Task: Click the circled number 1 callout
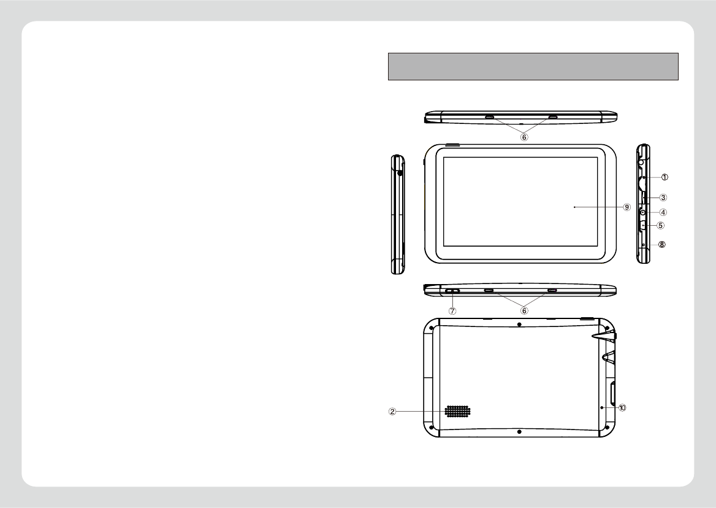664,177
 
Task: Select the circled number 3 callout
663,198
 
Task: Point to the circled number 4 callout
663,212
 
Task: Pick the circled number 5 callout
660,225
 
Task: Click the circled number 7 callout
452,310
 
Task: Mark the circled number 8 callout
661,244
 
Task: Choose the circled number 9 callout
626,207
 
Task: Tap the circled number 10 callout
623,407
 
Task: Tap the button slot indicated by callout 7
452,291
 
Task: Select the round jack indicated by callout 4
643,212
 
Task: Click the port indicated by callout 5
643,225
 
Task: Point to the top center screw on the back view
519,324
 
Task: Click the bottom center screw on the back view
519,432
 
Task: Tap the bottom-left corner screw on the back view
432,427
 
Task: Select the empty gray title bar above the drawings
533,66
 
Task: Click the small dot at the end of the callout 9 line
574,207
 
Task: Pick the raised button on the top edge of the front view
451,145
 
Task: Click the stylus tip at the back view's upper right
595,336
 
